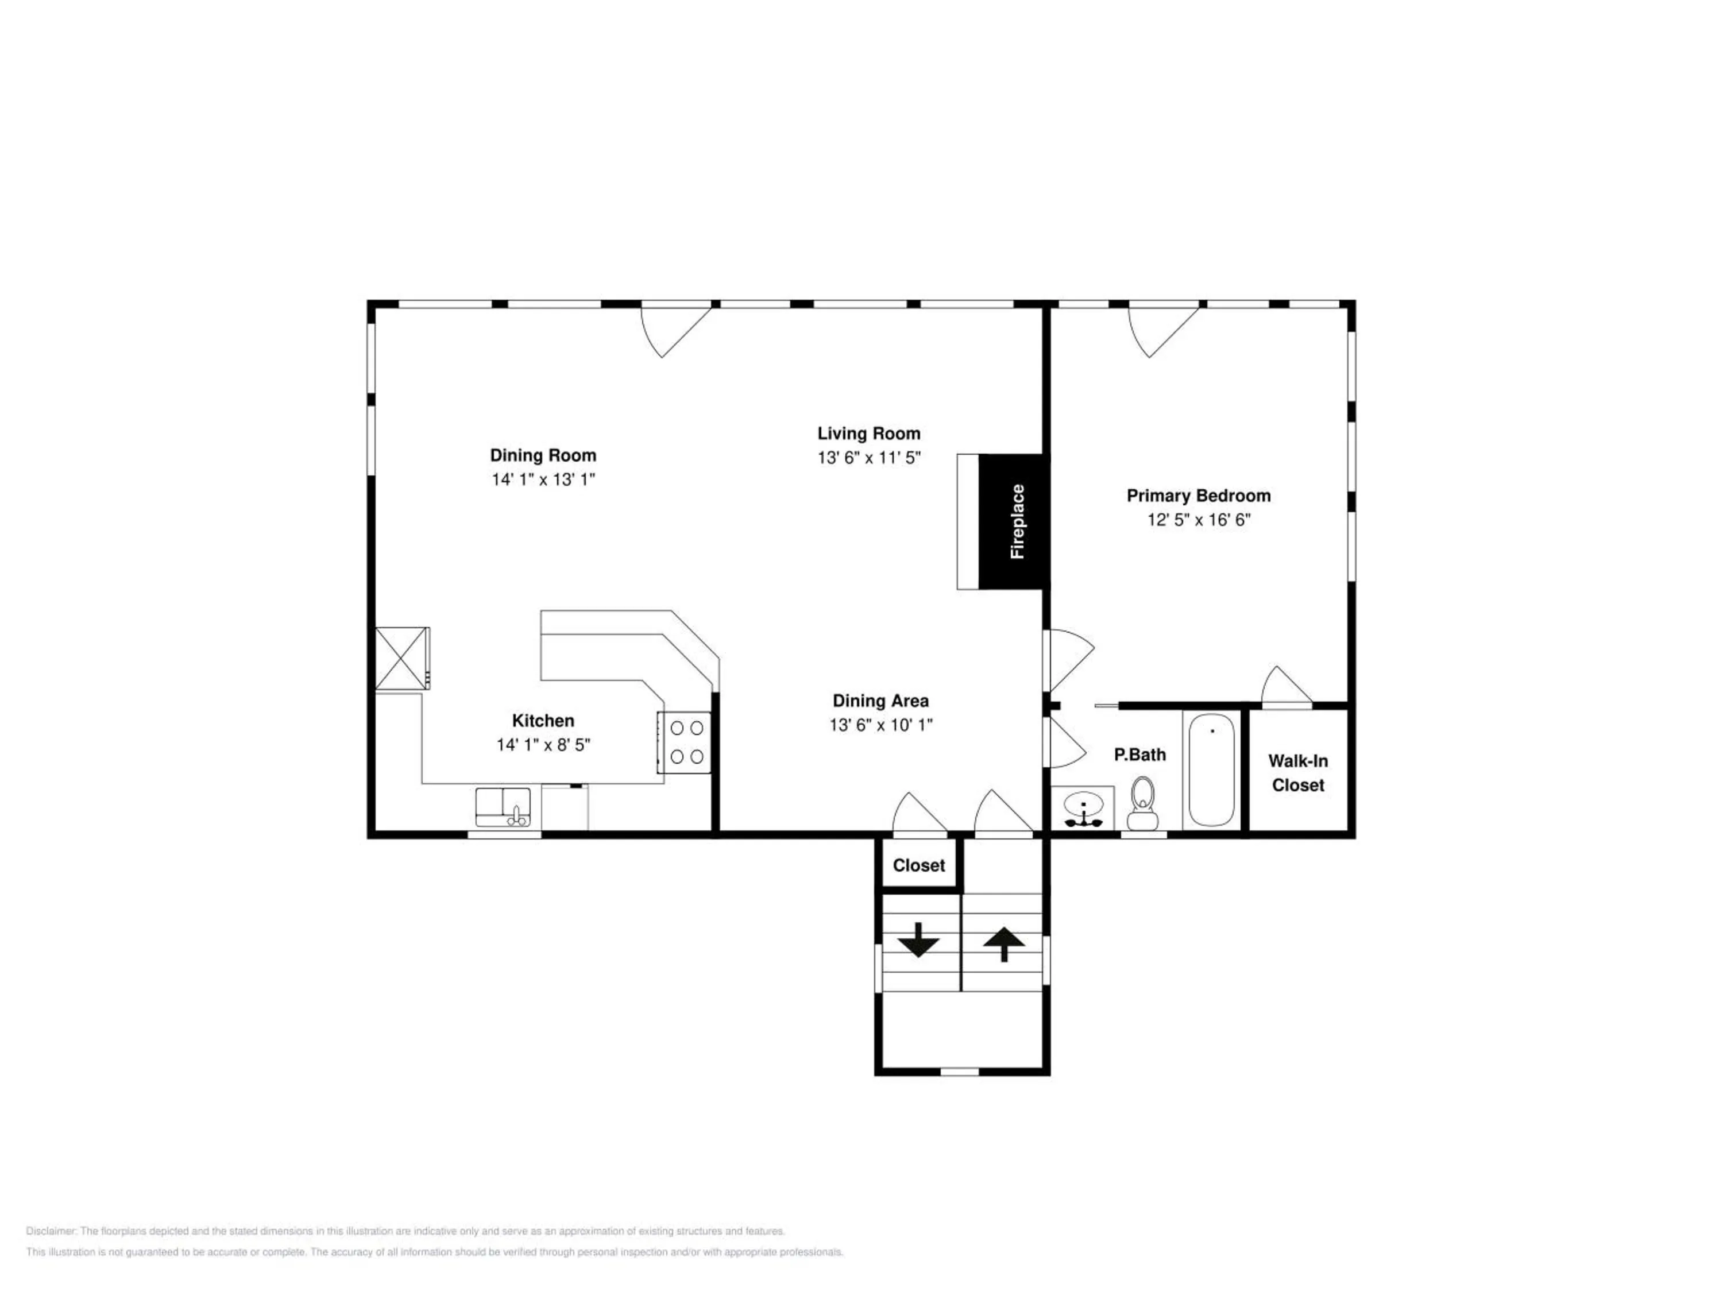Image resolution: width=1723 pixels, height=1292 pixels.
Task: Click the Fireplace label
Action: tap(1017, 521)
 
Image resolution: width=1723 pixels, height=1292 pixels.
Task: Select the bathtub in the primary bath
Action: tap(1212, 769)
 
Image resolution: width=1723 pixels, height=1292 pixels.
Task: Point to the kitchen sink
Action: tap(503, 807)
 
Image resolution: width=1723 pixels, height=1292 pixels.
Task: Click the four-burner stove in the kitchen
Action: tap(685, 742)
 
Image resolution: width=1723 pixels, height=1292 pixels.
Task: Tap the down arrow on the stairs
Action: tap(919, 940)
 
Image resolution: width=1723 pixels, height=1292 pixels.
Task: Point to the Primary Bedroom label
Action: tap(1199, 496)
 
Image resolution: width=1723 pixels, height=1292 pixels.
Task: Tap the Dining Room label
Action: tap(543, 455)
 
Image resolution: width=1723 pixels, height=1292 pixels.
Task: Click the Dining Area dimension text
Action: tap(881, 725)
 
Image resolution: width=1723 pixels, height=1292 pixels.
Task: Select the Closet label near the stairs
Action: tap(919, 865)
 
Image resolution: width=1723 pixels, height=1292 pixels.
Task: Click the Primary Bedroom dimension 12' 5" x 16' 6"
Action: tap(1199, 520)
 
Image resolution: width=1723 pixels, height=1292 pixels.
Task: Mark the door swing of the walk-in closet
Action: tap(1286, 684)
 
